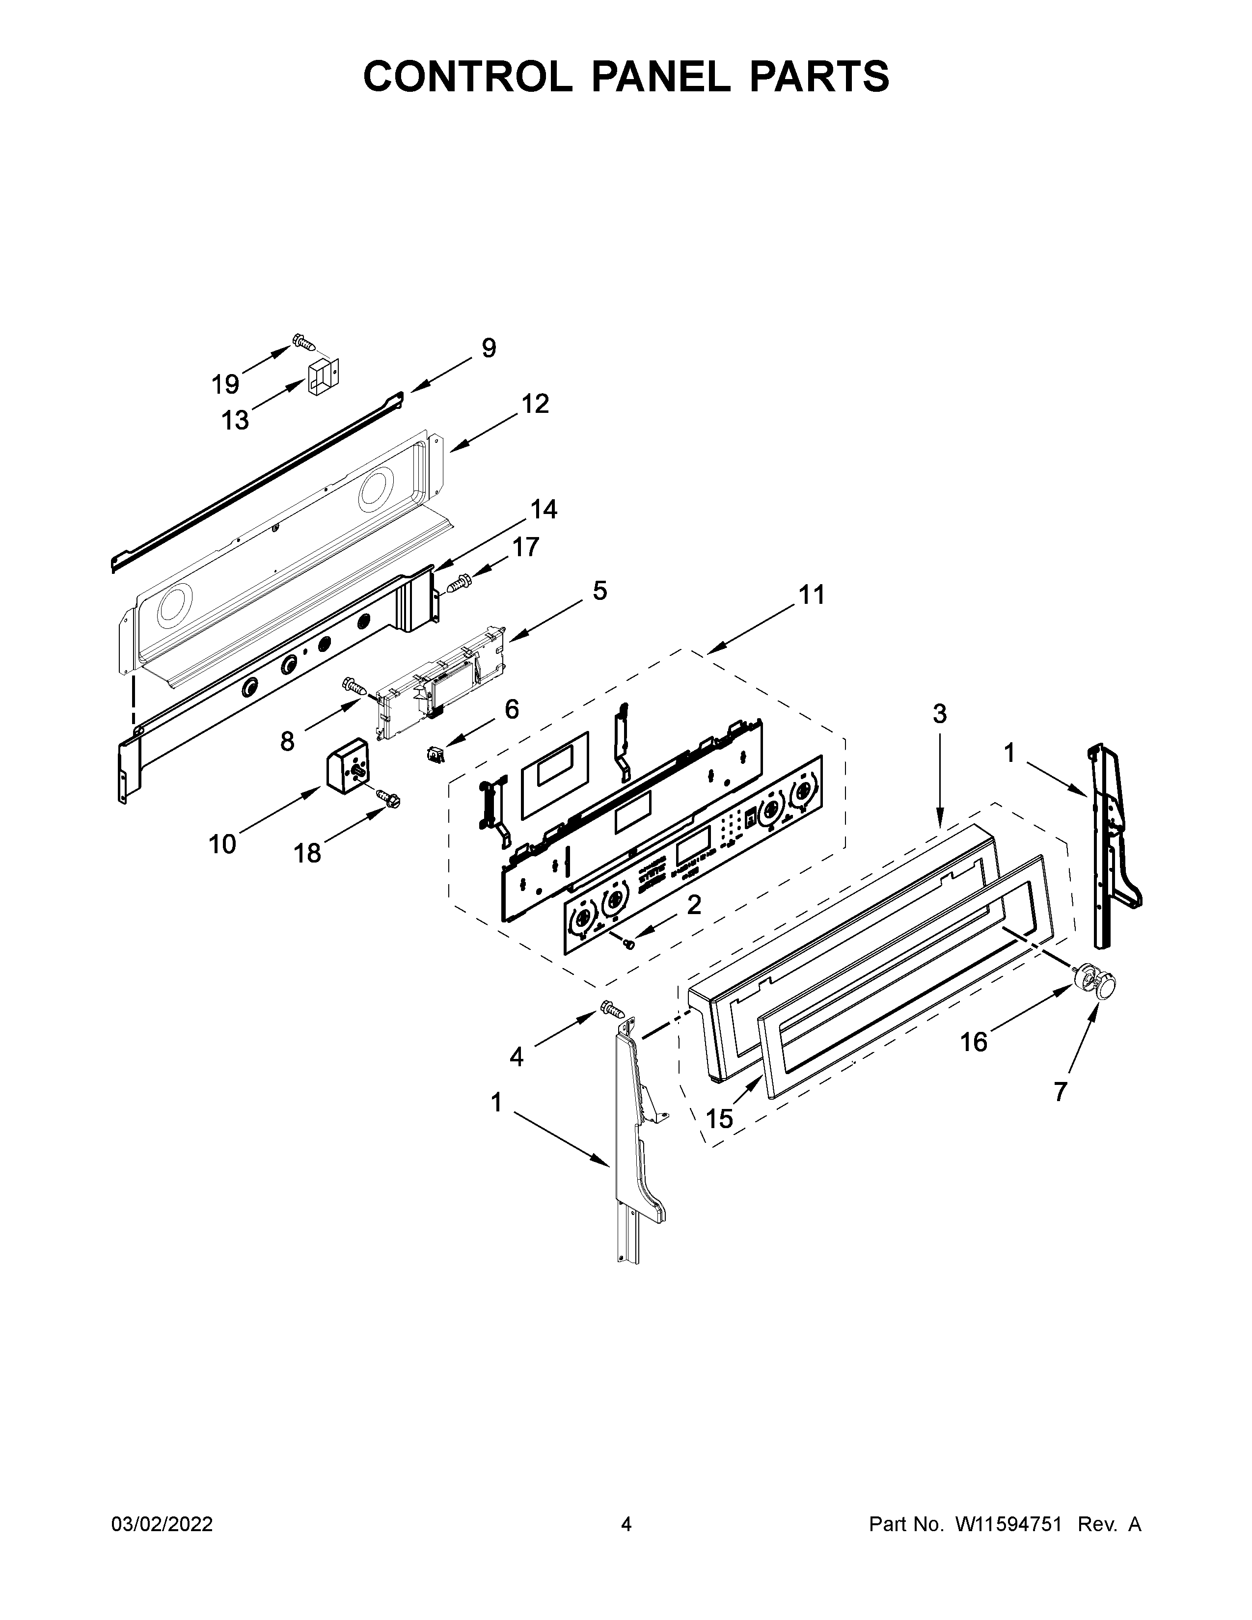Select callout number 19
tap(225, 384)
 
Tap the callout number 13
tap(235, 421)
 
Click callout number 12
tap(534, 404)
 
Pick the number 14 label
tap(543, 510)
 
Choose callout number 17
tap(525, 547)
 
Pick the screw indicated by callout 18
tap(387, 797)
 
